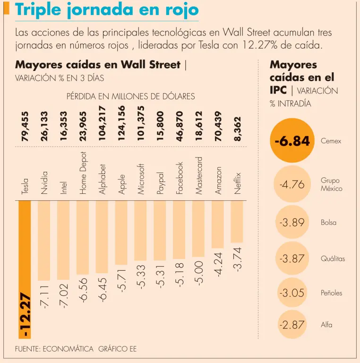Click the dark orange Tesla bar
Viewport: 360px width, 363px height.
pos(24,246)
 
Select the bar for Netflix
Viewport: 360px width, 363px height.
pos(237,222)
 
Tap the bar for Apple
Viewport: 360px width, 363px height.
pos(121,232)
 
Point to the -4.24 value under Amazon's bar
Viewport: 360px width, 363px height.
pos(218,264)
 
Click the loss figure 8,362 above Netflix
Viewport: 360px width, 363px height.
pos(238,129)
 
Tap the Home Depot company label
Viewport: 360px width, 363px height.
pos(83,173)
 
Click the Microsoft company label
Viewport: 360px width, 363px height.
pos(141,179)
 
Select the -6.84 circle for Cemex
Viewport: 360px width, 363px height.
pos(292,141)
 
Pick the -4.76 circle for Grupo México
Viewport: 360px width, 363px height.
pos(292,184)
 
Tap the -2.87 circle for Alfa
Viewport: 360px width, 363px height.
pos(292,325)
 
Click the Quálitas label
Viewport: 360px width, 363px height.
pos(333,259)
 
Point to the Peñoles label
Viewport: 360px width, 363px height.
pos(331,293)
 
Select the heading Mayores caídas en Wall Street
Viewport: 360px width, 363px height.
pos(98,65)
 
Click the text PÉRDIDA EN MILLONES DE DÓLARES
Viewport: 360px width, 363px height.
pos(130,96)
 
